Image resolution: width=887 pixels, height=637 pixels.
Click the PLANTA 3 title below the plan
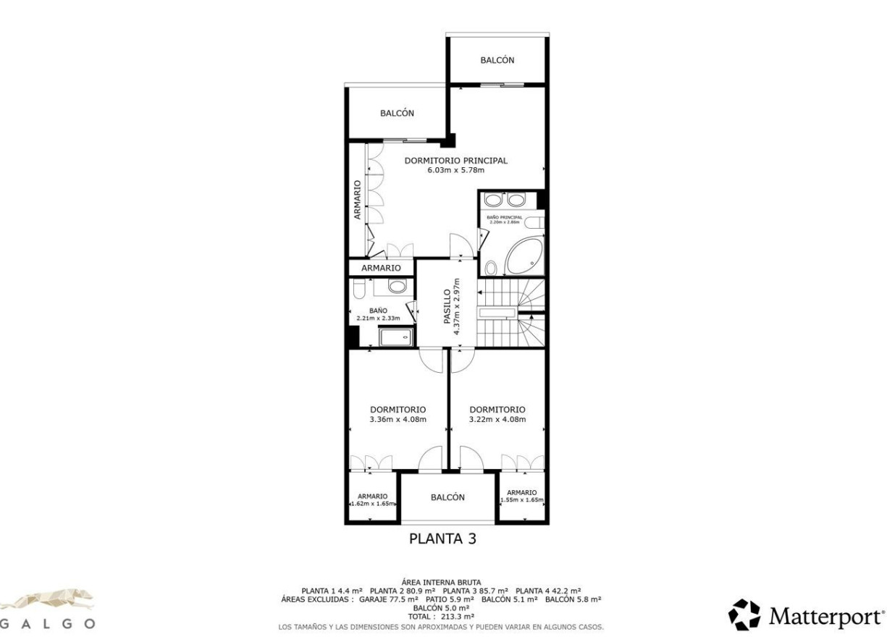click(x=442, y=539)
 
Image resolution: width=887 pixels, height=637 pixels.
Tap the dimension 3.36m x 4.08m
click(x=398, y=419)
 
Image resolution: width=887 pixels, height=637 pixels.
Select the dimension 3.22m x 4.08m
click(x=497, y=419)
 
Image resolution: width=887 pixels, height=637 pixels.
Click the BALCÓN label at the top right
click(x=497, y=61)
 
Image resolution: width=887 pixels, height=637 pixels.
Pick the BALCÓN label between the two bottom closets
click(x=447, y=497)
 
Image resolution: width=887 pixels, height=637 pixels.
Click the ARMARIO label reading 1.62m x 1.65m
click(x=372, y=499)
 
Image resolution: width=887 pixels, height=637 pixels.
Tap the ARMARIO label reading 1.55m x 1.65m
click(x=521, y=496)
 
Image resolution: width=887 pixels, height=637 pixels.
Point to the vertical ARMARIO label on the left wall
click(x=357, y=199)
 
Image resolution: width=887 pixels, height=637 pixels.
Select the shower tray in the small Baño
click(x=396, y=337)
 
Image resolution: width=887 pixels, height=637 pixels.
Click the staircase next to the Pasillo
click(x=510, y=311)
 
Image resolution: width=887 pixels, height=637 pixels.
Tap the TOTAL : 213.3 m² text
click(x=442, y=616)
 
